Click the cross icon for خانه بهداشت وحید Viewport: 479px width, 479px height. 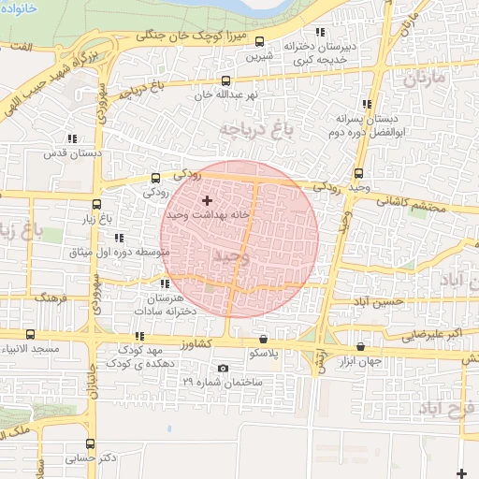tap(207, 200)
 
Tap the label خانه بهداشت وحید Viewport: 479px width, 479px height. tap(208, 214)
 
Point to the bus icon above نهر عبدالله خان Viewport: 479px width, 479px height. tap(225, 80)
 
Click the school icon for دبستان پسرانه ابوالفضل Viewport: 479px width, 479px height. tap(365, 104)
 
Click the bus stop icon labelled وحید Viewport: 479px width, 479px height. tap(359, 172)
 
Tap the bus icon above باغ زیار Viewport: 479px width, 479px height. tap(96, 204)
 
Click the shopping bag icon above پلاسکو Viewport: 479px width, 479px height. tap(262, 339)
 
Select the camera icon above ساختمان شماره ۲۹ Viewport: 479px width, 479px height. tap(223, 368)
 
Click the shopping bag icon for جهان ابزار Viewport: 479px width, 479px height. tap(360, 347)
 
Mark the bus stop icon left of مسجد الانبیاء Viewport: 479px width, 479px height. tap(30, 334)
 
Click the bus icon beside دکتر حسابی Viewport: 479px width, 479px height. tap(90, 443)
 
